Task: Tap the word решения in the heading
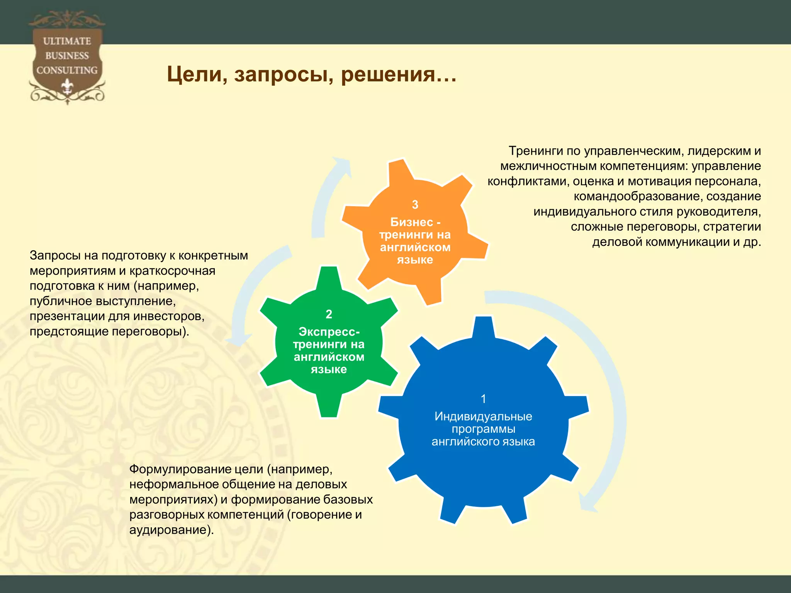coord(393,74)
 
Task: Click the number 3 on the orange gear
coord(415,205)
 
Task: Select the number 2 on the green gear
coord(329,314)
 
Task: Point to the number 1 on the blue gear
coord(483,399)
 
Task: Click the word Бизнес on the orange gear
coord(411,222)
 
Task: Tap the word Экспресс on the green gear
coord(328,332)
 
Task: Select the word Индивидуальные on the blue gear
coord(483,416)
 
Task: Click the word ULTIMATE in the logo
coord(67,41)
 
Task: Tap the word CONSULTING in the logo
coord(67,70)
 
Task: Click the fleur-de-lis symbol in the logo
coord(67,86)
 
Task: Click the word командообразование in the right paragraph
coord(638,197)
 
